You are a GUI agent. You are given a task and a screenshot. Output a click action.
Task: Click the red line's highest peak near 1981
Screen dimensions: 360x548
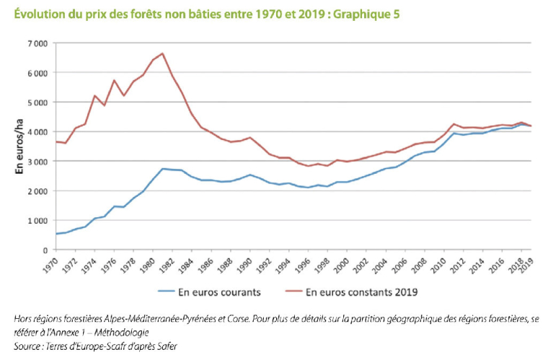pyautogui.click(x=163, y=53)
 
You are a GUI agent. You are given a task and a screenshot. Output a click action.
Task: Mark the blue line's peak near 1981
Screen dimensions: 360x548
pyautogui.click(x=164, y=169)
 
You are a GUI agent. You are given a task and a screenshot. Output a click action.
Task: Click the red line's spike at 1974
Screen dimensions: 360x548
pyautogui.click(x=94, y=95)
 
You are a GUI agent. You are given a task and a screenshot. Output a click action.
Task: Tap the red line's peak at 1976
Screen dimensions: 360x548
pyautogui.click(x=114, y=80)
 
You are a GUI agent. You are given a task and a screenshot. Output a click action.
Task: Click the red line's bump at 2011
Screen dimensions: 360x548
pyautogui.click(x=454, y=124)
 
